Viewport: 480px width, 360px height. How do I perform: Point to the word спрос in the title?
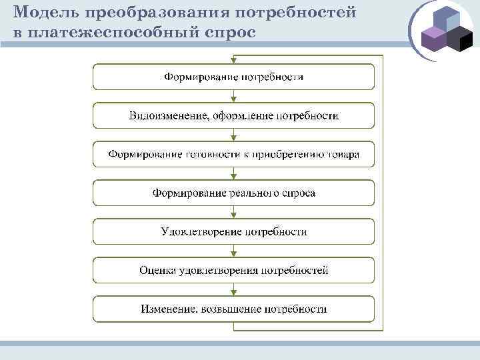(x=231, y=32)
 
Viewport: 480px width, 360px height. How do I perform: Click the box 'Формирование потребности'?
(x=233, y=77)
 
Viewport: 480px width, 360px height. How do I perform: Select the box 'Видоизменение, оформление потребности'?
(x=233, y=116)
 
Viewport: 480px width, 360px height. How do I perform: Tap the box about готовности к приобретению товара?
(x=233, y=155)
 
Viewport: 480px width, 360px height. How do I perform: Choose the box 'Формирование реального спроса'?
(x=233, y=193)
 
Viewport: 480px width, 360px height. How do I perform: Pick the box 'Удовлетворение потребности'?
(x=233, y=232)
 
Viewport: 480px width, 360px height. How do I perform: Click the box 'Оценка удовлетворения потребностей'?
(x=233, y=271)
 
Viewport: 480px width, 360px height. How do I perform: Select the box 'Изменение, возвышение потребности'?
(x=233, y=309)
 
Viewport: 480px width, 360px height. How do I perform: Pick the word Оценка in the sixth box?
(x=157, y=271)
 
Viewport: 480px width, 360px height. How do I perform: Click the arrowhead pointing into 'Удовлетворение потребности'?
(x=233, y=215)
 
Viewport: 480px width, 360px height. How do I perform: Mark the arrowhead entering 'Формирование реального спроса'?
(x=233, y=177)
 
